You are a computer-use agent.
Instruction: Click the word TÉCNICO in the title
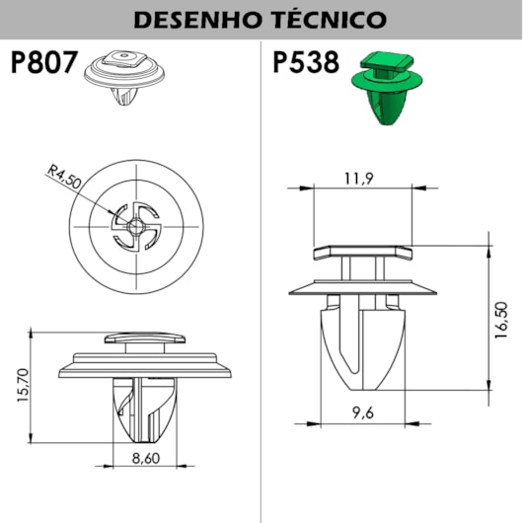tap(330, 19)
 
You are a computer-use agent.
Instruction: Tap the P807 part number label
tap(44, 62)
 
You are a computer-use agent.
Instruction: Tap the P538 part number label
tap(306, 62)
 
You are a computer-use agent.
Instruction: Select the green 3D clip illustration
tap(387, 88)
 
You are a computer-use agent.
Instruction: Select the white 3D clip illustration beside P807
tap(124, 77)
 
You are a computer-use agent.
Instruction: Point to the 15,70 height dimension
tap(23, 385)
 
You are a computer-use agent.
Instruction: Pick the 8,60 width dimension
tap(146, 458)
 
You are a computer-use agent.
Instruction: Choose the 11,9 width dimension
tap(359, 179)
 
